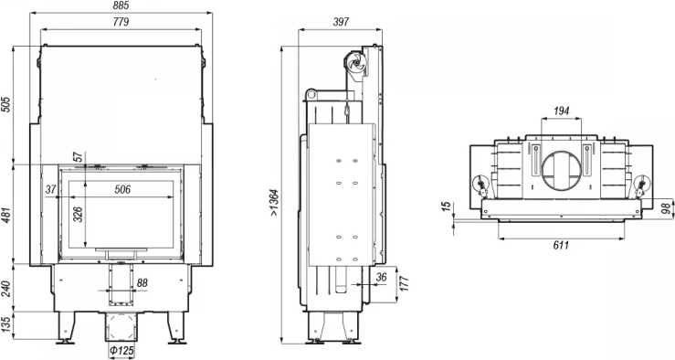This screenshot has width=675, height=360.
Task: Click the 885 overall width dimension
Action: click(121, 5)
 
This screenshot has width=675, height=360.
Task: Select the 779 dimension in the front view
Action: click(121, 22)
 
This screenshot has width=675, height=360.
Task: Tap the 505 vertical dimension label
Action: click(5, 104)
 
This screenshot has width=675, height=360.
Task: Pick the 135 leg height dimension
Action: click(5, 324)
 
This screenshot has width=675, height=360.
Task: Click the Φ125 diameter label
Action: click(121, 351)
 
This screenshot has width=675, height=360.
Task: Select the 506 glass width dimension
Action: click(122, 189)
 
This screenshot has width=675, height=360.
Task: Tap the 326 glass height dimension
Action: click(78, 214)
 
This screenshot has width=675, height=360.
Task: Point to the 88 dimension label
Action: click(142, 283)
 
